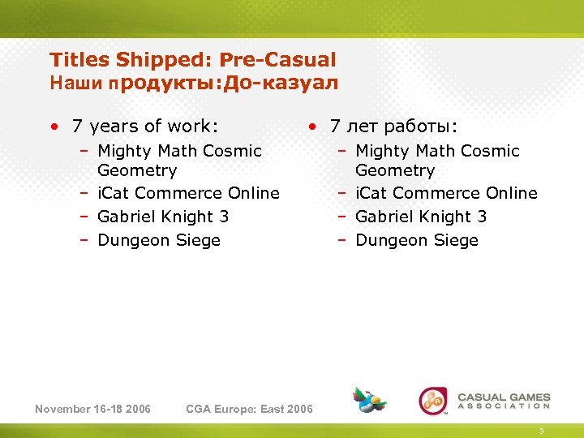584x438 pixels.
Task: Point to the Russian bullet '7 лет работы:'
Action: click(x=393, y=127)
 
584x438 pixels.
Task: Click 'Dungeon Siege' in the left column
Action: click(x=159, y=240)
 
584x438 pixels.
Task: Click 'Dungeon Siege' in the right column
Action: click(x=417, y=240)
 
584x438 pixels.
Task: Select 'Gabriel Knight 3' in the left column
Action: click(x=163, y=217)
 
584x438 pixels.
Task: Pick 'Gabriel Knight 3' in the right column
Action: click(x=421, y=217)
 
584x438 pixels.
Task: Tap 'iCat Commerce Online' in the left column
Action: click(x=188, y=193)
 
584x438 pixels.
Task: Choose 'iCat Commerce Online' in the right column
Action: click(x=446, y=193)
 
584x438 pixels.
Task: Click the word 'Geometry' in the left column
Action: click(x=137, y=170)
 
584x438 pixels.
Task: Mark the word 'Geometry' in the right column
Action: click(x=395, y=170)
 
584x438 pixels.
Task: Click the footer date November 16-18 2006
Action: click(x=92, y=409)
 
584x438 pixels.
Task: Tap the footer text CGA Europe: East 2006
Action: click(x=249, y=409)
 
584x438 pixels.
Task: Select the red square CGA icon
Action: click(x=432, y=401)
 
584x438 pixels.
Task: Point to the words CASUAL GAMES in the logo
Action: click(x=504, y=398)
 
